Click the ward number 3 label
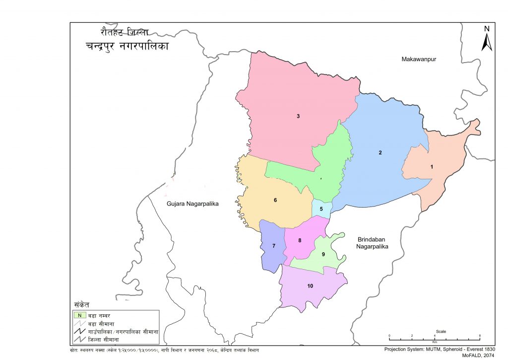298,116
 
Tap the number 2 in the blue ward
380,152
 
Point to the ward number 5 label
321,209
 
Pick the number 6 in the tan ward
275,200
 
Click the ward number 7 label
273,246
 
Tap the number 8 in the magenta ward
300,241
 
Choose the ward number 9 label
323,254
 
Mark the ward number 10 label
310,286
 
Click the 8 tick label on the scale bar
480,336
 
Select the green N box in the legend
78,314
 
